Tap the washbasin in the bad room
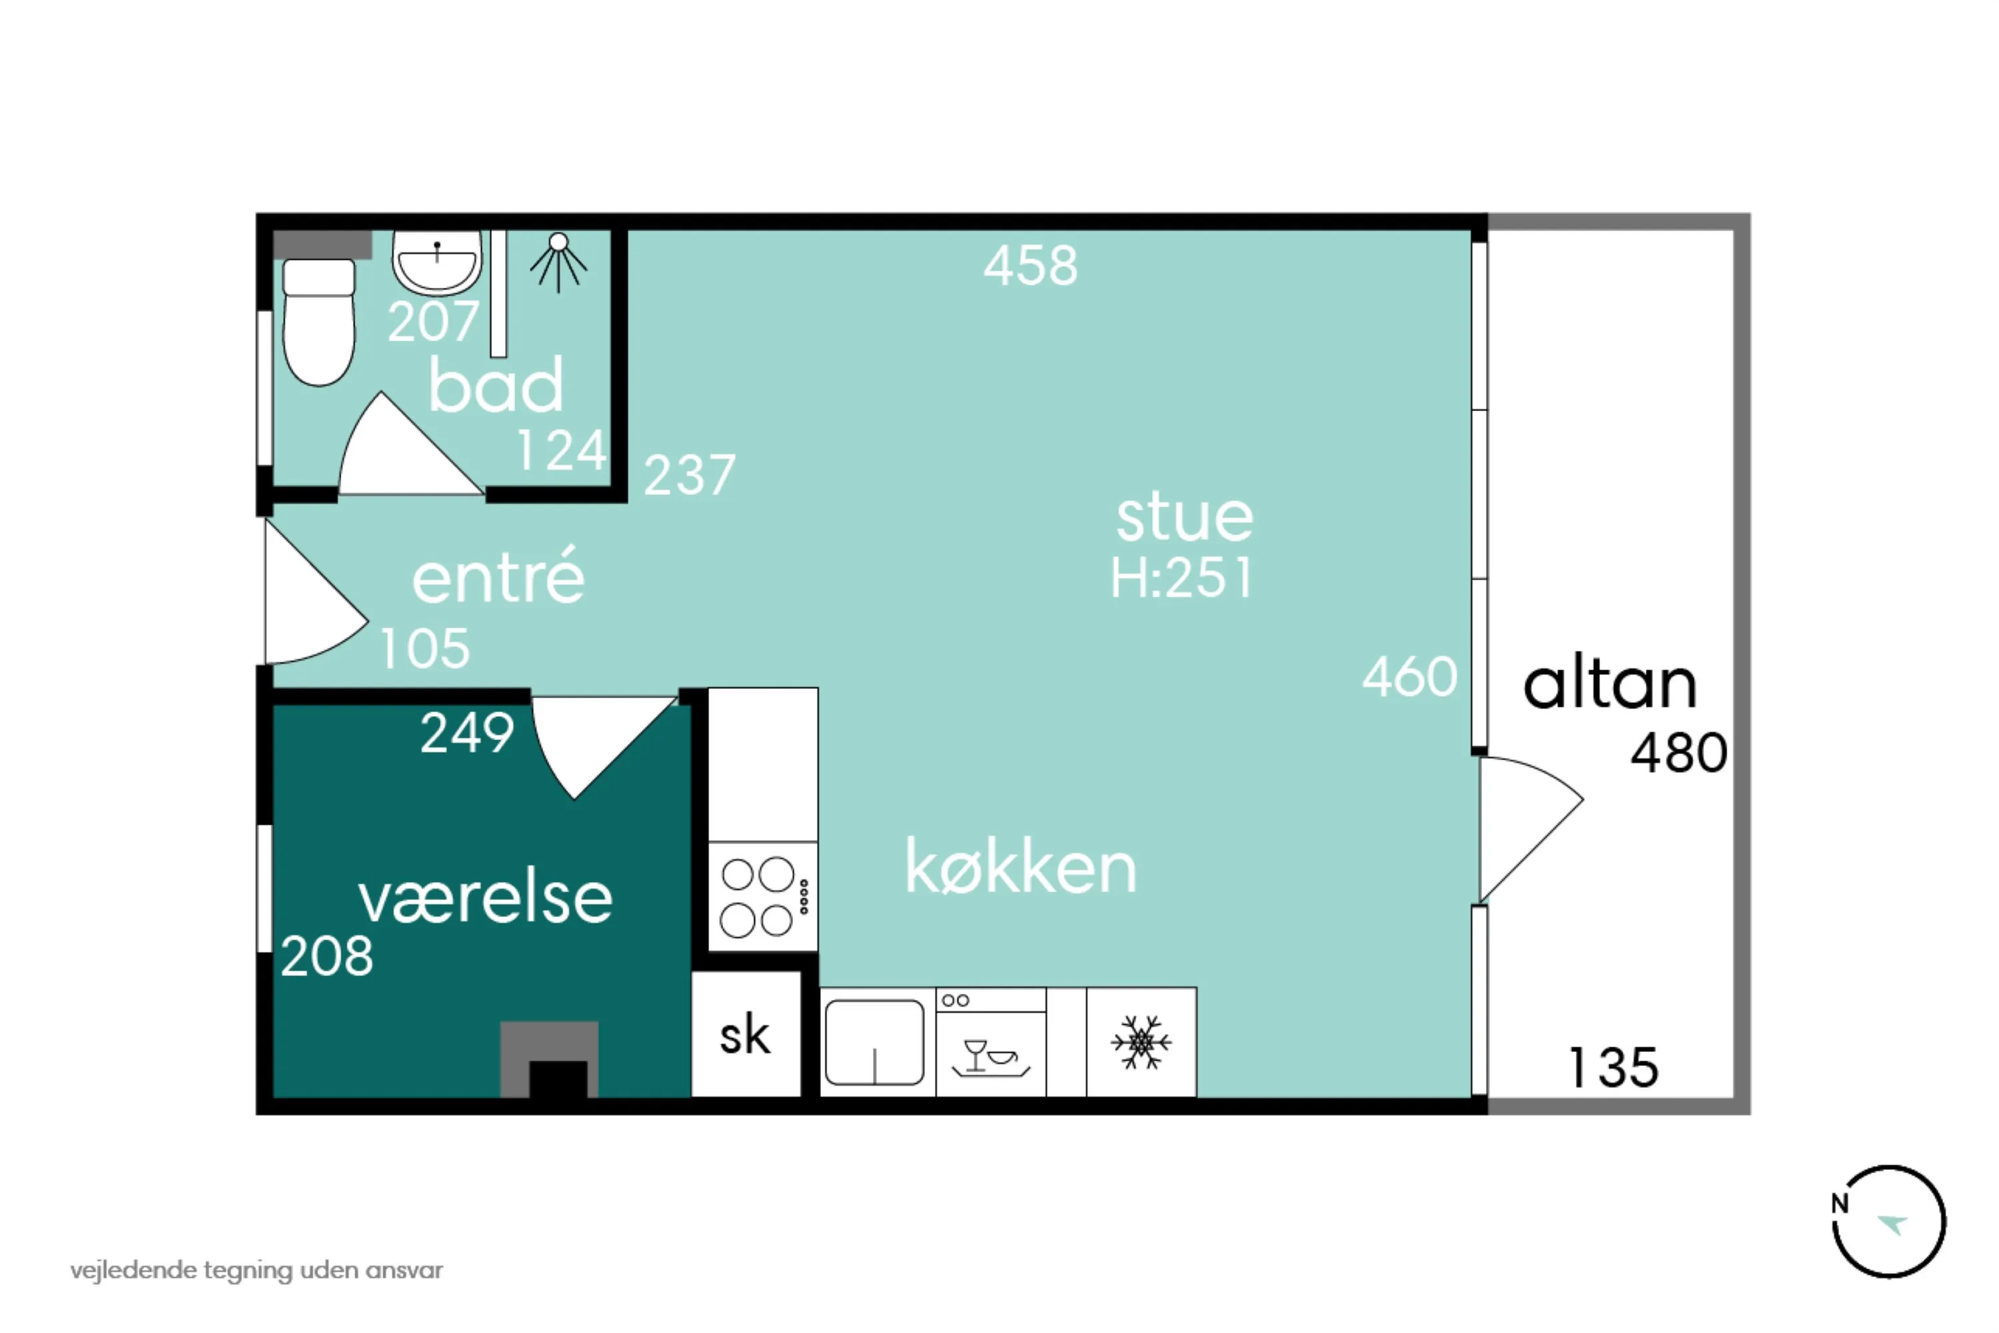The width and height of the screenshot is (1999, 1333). [437, 262]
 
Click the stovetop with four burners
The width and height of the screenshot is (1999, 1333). [763, 897]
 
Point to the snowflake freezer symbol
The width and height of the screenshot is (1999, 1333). [1141, 1043]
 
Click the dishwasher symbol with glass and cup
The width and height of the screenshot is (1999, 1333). [991, 1043]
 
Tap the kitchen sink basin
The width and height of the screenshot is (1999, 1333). [874, 1043]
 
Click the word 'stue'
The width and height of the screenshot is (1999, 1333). [1185, 517]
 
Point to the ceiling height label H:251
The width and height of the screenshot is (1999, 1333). [1182, 578]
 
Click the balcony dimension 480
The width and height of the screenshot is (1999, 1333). [1678, 753]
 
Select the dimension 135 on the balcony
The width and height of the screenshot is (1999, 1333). [1613, 1067]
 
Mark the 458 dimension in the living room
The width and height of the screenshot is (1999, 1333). [1031, 265]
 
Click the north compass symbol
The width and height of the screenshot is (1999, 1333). [1889, 1222]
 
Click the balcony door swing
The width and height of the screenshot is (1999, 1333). [1531, 829]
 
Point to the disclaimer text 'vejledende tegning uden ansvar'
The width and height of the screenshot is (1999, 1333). [257, 1271]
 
